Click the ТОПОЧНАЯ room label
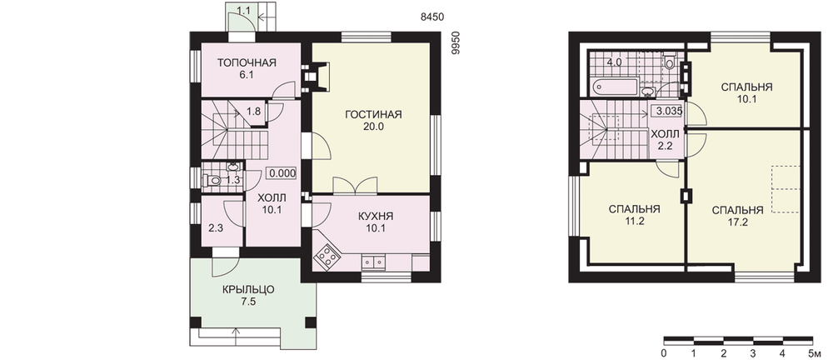(247, 63)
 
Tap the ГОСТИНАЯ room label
(373, 115)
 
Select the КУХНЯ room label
(376, 217)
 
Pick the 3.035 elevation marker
(669, 111)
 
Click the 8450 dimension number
(432, 17)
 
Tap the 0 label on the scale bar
(664, 353)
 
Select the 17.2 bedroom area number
(737, 222)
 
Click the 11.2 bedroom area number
(635, 222)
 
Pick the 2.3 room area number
(215, 229)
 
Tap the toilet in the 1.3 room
(213, 181)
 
